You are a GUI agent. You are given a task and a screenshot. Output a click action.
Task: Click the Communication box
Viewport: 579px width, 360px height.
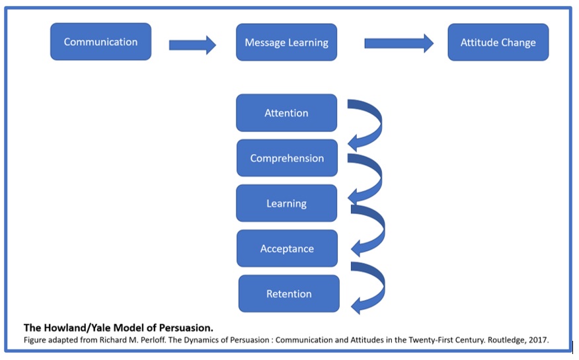pyautogui.click(x=100, y=42)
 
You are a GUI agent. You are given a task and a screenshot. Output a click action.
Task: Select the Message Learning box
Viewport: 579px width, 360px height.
pyautogui.click(x=286, y=42)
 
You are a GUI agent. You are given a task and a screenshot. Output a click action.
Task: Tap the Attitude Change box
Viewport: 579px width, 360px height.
pyautogui.click(x=498, y=42)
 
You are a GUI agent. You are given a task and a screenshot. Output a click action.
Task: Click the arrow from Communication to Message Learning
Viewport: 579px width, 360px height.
pyautogui.click(x=192, y=45)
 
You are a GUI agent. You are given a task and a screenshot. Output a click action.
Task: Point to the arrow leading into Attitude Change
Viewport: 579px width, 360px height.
pyautogui.click(x=399, y=44)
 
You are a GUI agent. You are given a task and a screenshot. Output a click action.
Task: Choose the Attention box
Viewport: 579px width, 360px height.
pyautogui.click(x=286, y=113)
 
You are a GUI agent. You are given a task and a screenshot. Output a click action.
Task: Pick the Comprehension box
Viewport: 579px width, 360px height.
pyautogui.click(x=287, y=159)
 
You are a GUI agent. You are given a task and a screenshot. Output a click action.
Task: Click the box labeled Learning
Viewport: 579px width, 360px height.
pyautogui.click(x=286, y=203)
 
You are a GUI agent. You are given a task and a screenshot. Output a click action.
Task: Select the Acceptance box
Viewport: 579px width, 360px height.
pyautogui.click(x=287, y=249)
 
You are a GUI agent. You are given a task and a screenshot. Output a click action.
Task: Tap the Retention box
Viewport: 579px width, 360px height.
pyautogui.click(x=288, y=294)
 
